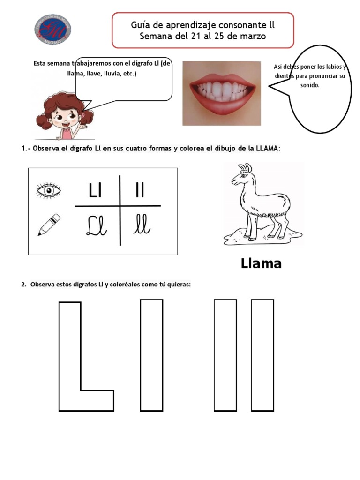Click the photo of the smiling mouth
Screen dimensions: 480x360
pos(222,93)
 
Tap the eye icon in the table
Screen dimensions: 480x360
pos(48,190)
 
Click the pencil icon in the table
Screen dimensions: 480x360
pos(49,225)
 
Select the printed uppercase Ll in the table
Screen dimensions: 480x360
pos(95,191)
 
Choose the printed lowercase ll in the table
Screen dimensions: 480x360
pos(140,191)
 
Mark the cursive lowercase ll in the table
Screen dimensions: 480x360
pos(141,225)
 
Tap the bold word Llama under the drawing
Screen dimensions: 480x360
pos(261,263)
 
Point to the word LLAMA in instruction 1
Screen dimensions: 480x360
pos(267,149)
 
